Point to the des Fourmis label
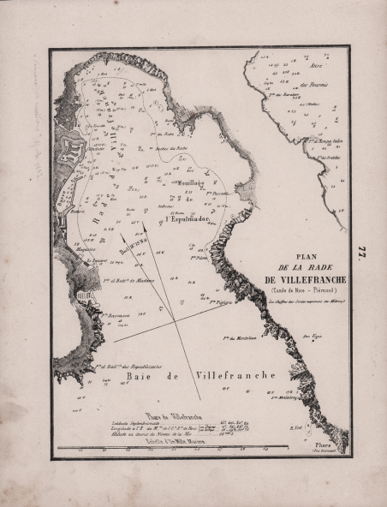(314, 84)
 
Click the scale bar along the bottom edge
(197, 448)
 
